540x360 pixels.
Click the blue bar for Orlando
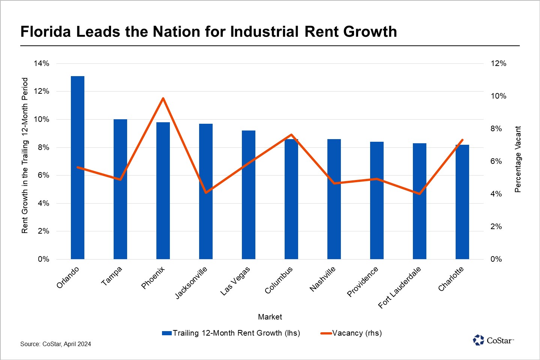(78, 169)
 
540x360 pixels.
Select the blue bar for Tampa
(120, 189)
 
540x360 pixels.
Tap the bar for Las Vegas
(249, 195)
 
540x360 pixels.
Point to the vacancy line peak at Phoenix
(163, 99)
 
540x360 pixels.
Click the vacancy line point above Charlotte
(462, 140)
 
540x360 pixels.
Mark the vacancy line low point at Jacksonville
(206, 192)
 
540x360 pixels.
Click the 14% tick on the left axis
(41, 63)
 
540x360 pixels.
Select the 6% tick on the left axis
(43, 175)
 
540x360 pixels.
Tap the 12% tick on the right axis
(498, 63)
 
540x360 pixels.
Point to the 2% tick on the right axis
(496, 226)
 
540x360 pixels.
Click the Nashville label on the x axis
(322, 279)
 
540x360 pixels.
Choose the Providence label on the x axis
(363, 282)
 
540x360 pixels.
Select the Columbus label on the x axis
(279, 280)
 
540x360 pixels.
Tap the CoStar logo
(493, 340)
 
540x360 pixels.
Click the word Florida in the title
(45, 32)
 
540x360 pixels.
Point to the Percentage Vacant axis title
(518, 159)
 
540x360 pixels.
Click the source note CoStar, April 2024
(55, 344)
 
